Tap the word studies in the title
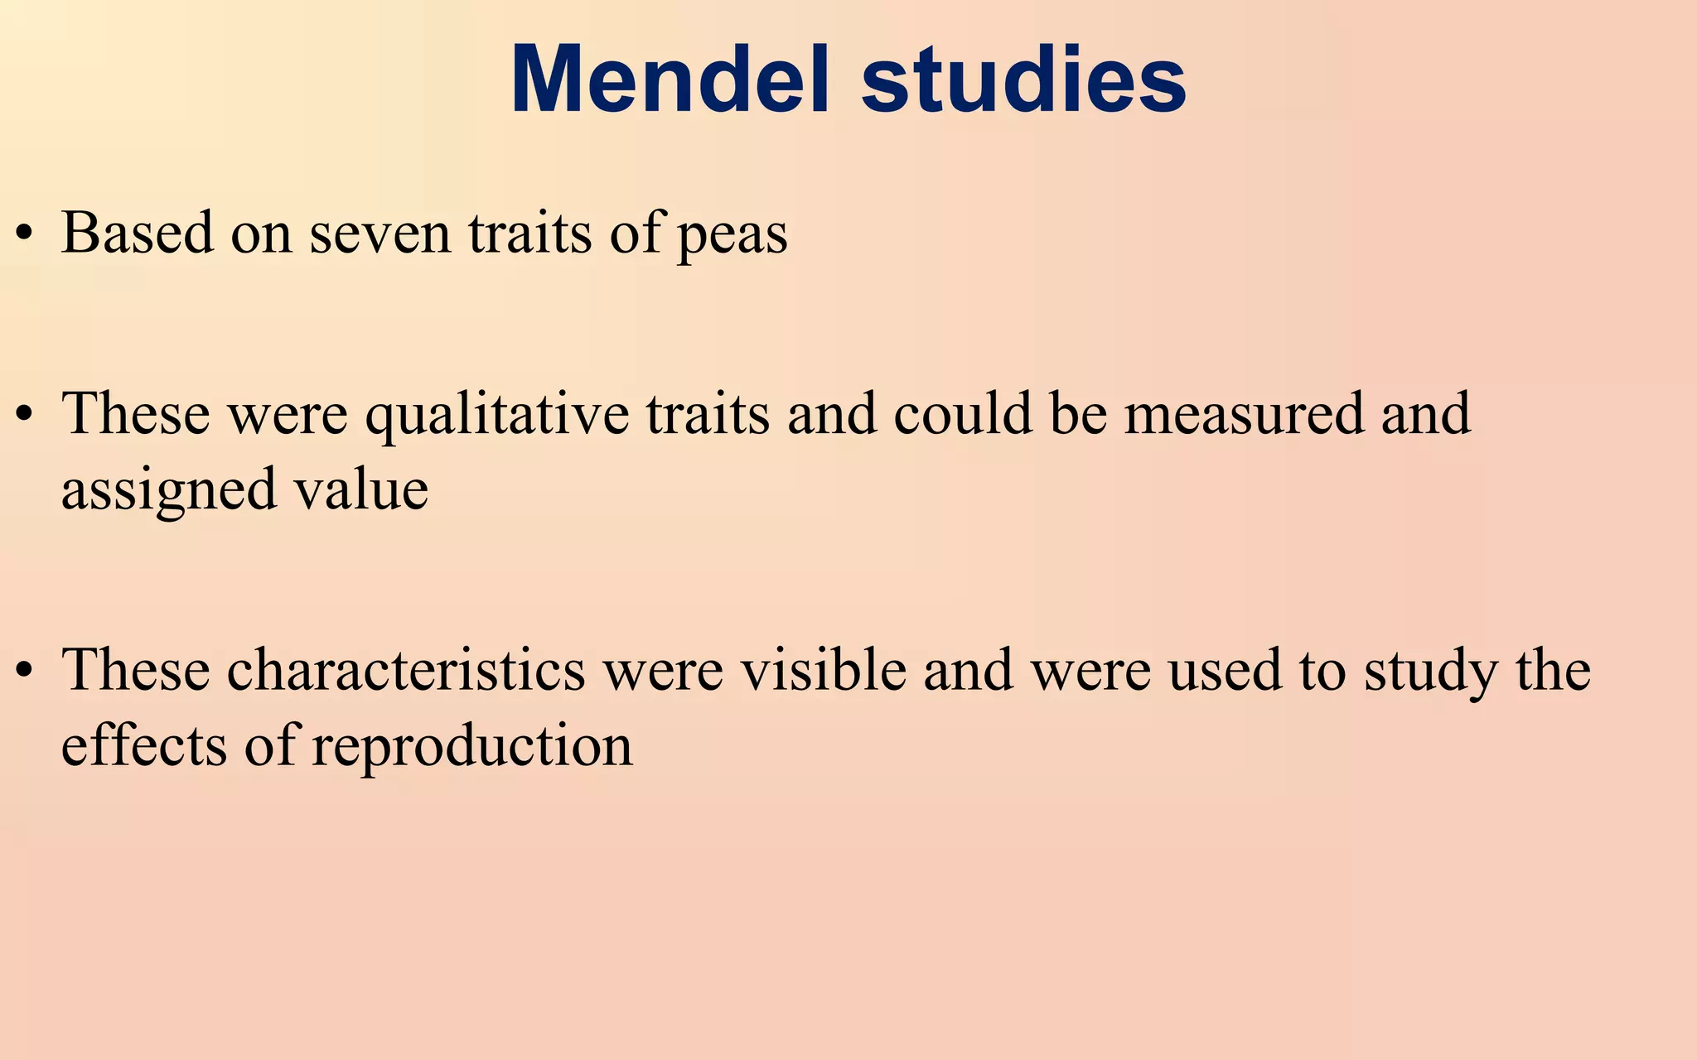coord(1024,80)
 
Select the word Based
coord(138,233)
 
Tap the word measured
coord(1243,415)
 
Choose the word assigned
coord(168,491)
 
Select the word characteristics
coord(406,670)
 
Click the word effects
coord(143,745)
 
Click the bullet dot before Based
coord(26,235)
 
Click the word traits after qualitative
coord(708,415)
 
